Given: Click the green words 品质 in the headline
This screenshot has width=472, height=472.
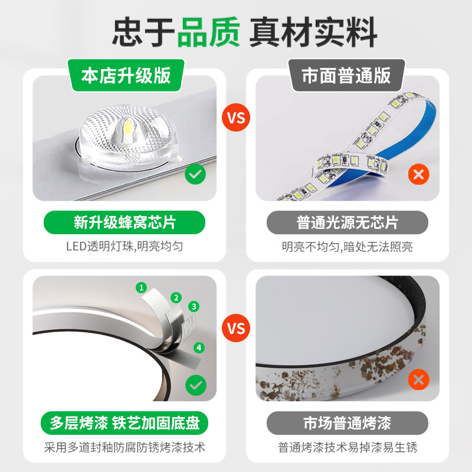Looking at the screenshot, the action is point(209,32).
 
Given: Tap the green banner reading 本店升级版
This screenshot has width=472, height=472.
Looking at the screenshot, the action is point(126,76).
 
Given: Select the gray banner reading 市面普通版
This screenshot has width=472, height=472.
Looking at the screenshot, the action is point(346,76).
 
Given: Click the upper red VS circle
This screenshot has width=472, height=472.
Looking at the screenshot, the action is point(236,117).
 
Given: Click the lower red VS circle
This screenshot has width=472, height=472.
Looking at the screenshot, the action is point(236,328).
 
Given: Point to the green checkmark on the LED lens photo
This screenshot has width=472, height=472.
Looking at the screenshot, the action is point(195,174).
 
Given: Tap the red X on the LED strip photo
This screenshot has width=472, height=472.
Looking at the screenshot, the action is point(419,174).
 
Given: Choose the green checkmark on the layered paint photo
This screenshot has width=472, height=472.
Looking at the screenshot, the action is point(196,385).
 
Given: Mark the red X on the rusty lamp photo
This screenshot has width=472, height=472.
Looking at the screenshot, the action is point(419,379).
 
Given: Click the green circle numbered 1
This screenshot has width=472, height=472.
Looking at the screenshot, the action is point(141,287).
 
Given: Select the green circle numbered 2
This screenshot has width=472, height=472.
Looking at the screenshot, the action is point(176,298).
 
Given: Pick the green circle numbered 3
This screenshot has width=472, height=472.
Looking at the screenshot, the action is point(194,306).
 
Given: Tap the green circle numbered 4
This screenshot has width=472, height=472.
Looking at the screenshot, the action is point(199,348).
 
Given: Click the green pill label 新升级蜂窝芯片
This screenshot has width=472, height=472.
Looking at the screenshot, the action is point(124,222).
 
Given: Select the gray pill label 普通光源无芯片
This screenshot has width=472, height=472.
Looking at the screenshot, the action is point(348,222).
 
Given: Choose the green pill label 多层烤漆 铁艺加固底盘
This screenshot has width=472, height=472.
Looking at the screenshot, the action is point(124,423).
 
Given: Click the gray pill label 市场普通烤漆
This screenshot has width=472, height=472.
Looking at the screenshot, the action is point(348,423).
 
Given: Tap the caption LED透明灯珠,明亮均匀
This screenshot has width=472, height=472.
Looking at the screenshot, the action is point(124,246).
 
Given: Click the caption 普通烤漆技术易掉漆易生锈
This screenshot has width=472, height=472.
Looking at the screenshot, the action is point(348,447).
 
